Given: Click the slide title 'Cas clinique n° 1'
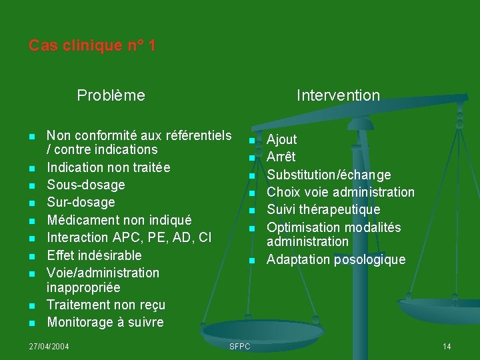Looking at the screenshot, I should [x=92, y=46].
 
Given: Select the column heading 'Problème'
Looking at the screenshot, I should [x=111, y=95].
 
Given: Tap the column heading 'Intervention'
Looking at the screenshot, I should [x=338, y=95].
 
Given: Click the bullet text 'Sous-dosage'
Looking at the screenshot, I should [x=85, y=185].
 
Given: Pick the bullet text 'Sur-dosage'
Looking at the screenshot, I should [x=81, y=202].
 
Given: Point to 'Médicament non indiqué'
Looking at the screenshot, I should [x=119, y=220].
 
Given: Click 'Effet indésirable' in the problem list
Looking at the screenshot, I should [x=94, y=255].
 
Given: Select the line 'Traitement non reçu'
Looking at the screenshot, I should [x=106, y=305].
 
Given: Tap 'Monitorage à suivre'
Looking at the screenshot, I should [x=105, y=322].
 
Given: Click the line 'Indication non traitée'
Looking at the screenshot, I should [x=108, y=167].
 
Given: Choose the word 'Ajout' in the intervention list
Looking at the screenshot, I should [x=282, y=139].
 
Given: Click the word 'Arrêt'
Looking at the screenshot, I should [x=281, y=157].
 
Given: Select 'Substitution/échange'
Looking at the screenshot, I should [x=329, y=175].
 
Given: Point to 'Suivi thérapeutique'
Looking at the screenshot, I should [x=323, y=209].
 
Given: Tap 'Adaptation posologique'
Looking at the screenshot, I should [x=336, y=259].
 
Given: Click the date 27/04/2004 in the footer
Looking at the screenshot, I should [x=49, y=346].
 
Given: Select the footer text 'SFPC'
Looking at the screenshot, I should [x=239, y=346].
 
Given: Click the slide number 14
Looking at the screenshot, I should [x=447, y=346].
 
